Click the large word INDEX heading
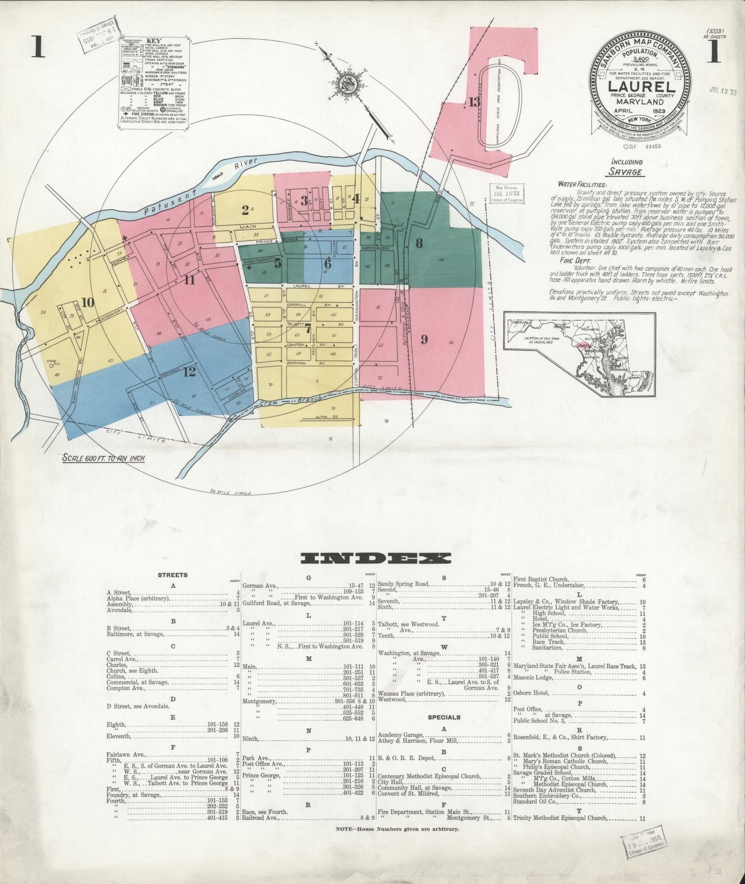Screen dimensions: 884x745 [x=375, y=558]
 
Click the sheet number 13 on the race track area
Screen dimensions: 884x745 [x=474, y=102]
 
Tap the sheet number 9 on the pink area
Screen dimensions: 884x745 [x=424, y=339]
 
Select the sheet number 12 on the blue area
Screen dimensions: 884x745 [x=190, y=371]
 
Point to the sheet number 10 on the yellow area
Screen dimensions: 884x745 [x=88, y=302]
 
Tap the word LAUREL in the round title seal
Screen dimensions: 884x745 [x=640, y=86]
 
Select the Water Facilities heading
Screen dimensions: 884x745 [x=582, y=184]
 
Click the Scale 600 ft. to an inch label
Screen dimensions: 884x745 [x=104, y=457]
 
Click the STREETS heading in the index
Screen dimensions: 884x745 [x=172, y=575]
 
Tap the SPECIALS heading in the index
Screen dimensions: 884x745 [x=444, y=717]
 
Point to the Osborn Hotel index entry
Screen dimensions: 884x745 [x=531, y=693]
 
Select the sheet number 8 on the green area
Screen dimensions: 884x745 [x=419, y=243]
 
